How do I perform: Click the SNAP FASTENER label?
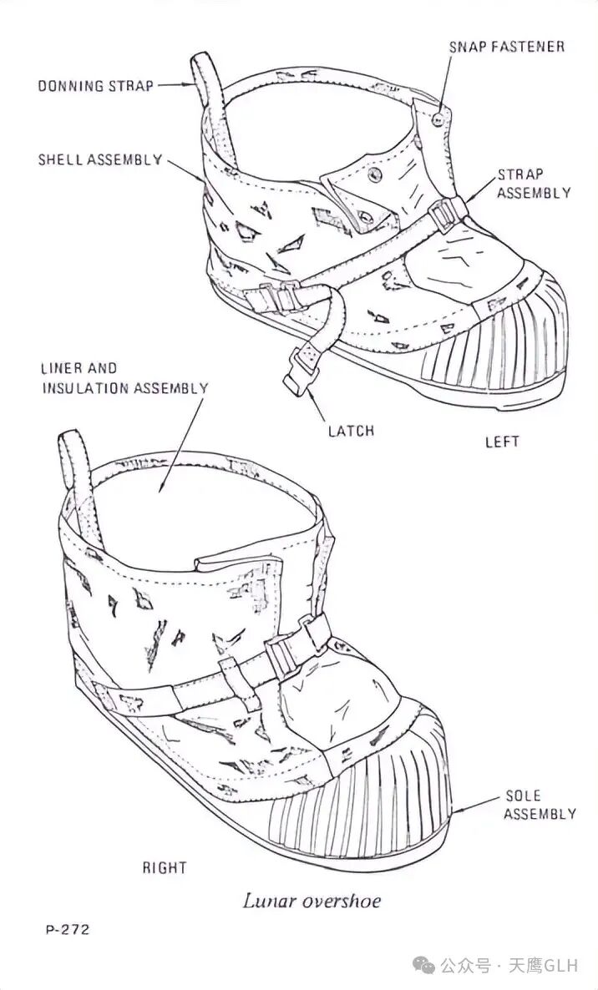point(506,47)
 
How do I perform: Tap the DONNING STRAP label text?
point(95,85)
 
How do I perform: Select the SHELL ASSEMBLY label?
point(99,159)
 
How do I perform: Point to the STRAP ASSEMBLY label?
point(534,184)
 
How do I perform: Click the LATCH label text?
point(351,431)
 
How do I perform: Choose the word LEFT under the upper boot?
point(502,442)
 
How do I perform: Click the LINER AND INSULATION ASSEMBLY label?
point(124,378)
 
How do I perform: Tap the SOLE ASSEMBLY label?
point(539,805)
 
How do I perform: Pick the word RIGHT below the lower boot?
point(164,868)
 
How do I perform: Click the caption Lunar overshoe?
point(312,901)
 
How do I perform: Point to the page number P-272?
point(67,929)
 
